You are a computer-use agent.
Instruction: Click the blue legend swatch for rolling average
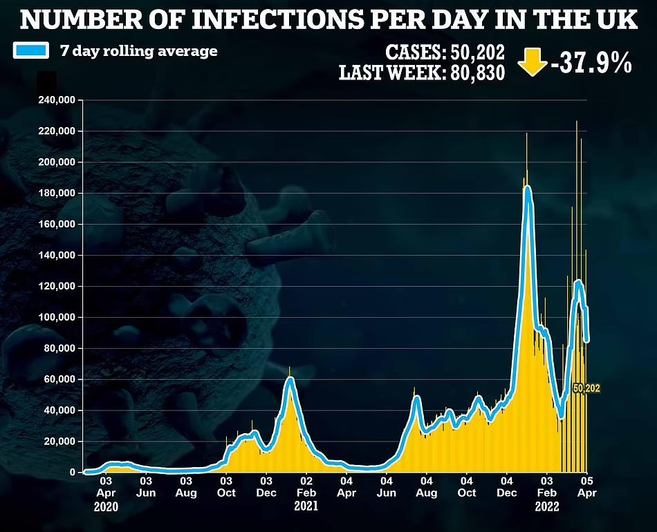click(31, 50)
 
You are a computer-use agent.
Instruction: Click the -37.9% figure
click(591, 64)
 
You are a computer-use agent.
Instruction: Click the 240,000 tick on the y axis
click(57, 100)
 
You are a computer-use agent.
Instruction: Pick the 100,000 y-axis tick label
click(57, 317)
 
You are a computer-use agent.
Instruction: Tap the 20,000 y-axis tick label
click(59, 441)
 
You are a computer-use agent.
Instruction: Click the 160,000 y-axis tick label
click(57, 225)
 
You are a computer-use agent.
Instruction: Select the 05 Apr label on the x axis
click(586, 486)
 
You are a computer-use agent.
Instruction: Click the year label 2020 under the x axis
click(106, 506)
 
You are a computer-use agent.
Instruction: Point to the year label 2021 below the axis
click(306, 506)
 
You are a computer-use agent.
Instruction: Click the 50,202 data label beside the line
click(587, 389)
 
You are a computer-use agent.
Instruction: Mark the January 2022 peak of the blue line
click(528, 187)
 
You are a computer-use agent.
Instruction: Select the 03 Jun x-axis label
click(146, 486)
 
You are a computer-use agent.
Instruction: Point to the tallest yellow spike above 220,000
click(577, 123)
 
